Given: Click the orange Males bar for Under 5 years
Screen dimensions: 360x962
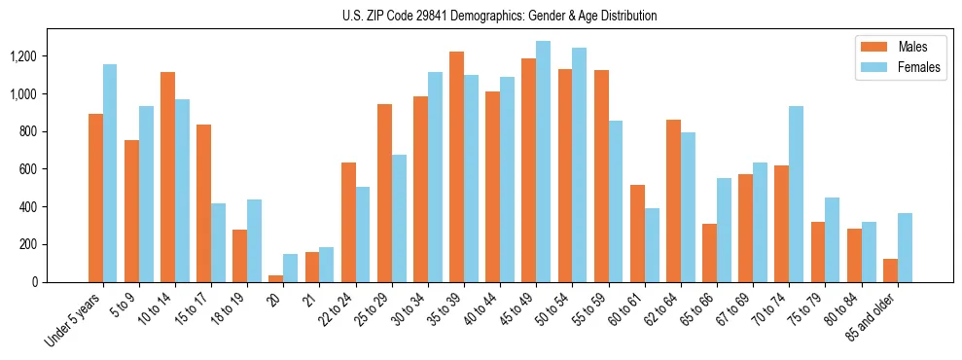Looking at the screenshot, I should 95,198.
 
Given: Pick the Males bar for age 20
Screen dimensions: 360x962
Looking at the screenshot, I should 276,278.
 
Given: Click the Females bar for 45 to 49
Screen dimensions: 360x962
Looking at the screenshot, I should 543,162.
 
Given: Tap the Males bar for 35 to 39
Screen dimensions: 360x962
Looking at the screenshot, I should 456,166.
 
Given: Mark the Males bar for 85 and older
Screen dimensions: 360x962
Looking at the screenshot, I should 890,270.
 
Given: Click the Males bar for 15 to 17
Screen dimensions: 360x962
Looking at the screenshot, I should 204,203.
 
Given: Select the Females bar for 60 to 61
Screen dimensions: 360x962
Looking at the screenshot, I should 652,245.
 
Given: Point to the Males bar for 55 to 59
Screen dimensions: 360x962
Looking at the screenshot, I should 601,176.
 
